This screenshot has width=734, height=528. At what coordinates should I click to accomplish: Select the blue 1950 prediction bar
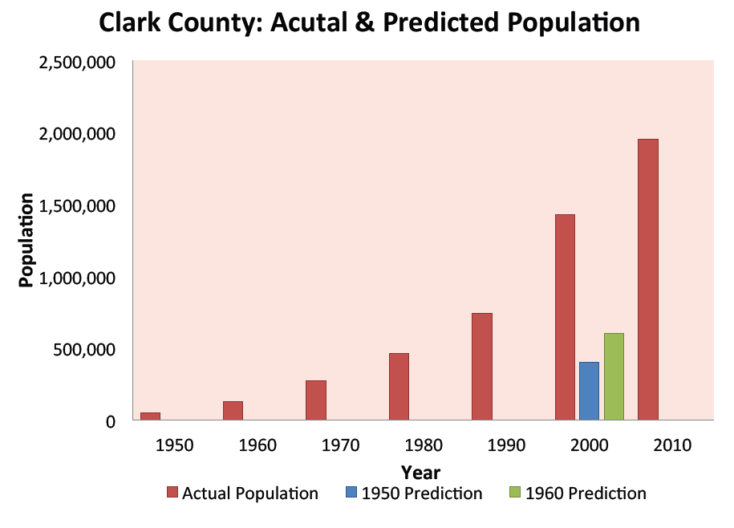tap(589, 391)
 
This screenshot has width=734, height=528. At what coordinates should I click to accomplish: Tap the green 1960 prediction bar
tap(614, 376)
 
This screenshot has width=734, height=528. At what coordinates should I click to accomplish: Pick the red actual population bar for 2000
tap(565, 317)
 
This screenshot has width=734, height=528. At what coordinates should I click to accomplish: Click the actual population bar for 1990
tap(481, 366)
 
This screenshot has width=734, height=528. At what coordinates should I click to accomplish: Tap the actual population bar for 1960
tap(233, 410)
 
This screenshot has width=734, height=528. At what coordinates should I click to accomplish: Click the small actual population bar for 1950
tap(150, 416)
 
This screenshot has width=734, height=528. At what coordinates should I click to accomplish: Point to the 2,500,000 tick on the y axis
tap(77, 62)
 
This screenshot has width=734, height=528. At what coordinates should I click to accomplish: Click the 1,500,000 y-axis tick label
tap(77, 205)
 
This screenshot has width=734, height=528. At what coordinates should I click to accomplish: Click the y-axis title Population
tap(27, 241)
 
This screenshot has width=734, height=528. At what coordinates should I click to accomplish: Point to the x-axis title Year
tap(420, 473)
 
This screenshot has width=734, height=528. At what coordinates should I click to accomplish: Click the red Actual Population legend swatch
tap(172, 493)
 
